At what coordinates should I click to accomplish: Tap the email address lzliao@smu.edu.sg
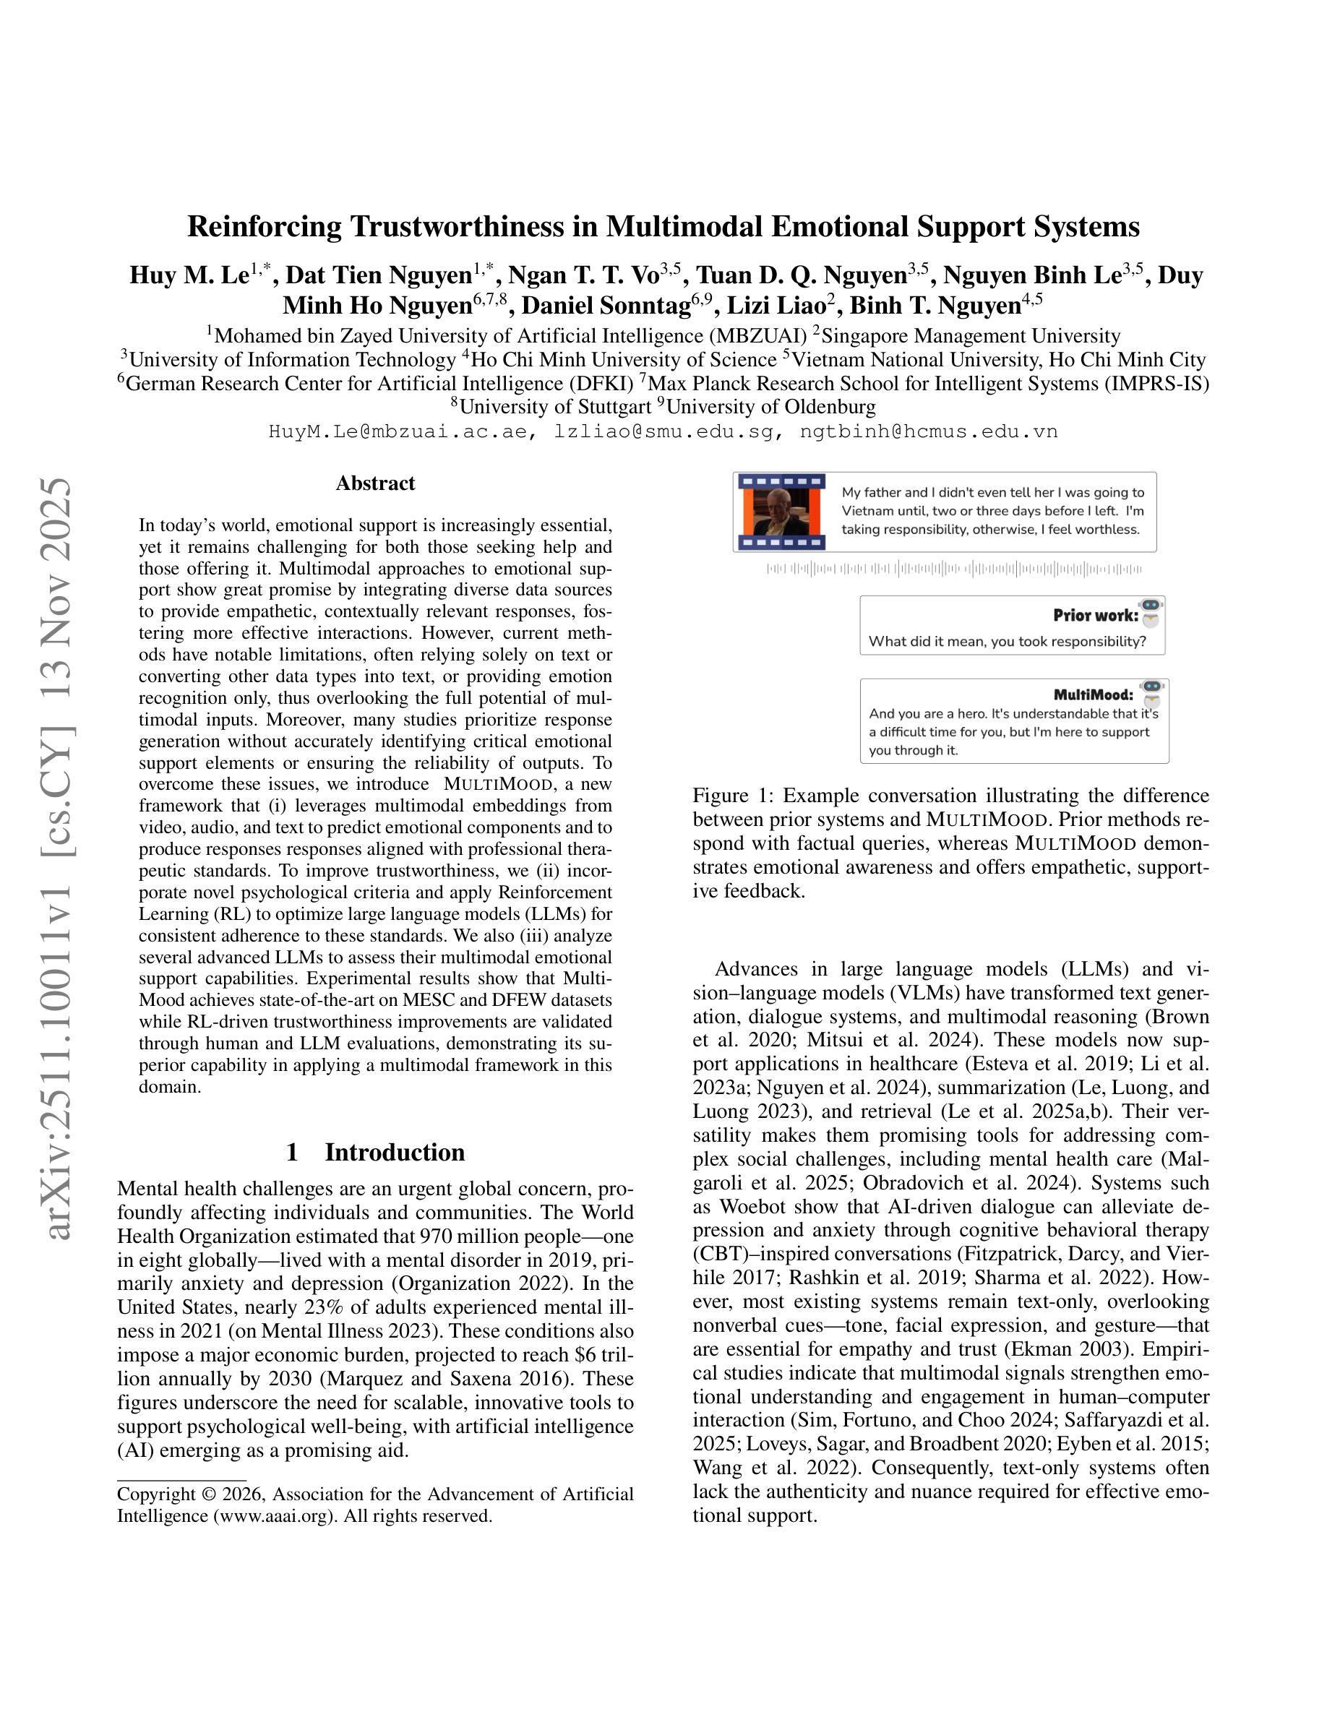click(x=663, y=431)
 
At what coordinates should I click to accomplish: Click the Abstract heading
click(x=375, y=483)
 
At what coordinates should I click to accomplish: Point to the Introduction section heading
click(x=394, y=1152)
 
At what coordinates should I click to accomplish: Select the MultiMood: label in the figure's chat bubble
click(x=1093, y=694)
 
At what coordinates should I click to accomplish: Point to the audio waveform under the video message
click(x=953, y=569)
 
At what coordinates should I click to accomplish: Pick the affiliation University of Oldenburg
click(x=770, y=406)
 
